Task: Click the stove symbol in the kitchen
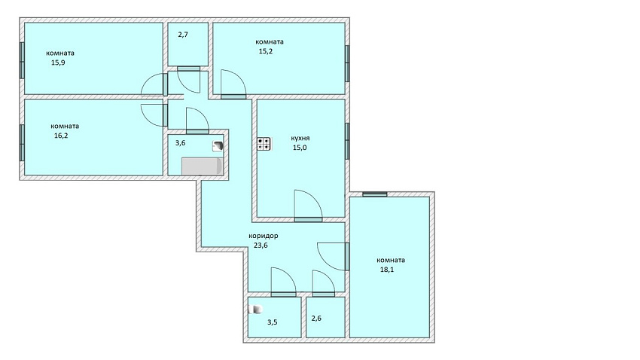(264, 144)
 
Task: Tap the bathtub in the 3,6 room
(203, 166)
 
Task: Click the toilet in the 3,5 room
(256, 310)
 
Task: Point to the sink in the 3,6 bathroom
(218, 146)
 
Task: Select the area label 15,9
(58, 63)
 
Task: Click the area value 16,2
(61, 136)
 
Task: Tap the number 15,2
(265, 51)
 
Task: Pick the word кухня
(300, 138)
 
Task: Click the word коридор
(264, 236)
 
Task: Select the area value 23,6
(261, 246)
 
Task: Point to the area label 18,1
(387, 270)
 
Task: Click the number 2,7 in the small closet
(183, 35)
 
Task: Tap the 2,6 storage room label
(316, 319)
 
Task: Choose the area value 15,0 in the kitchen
(300, 148)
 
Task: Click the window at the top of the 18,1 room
(375, 194)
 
